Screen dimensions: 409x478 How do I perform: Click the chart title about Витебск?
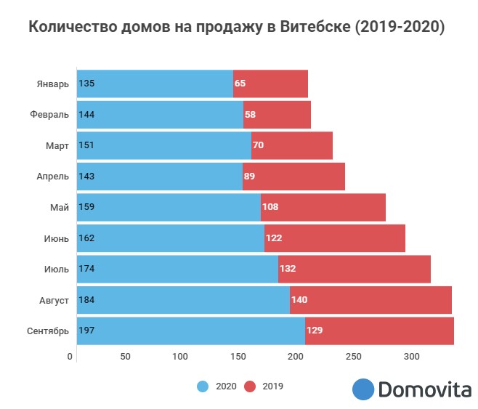coord(236,28)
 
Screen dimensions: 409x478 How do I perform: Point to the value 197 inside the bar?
coord(86,331)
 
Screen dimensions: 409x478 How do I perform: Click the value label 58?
coord(251,115)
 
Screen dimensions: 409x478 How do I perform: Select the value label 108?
coord(270,207)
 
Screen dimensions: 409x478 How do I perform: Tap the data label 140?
coord(299,300)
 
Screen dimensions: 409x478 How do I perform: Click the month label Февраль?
coord(50,115)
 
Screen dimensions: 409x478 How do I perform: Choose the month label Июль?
coord(57,269)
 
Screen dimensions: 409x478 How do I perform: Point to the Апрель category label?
coord(53,177)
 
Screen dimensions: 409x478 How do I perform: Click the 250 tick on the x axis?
coord(353,357)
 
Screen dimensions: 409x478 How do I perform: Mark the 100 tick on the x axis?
coord(180,357)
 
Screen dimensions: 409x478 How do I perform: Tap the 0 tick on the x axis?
coord(70,357)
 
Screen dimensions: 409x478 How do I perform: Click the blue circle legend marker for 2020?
coord(203,386)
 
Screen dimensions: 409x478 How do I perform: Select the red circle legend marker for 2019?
coord(249,386)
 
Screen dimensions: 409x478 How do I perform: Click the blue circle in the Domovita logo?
coord(362,389)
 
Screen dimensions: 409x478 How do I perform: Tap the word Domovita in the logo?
coord(425,389)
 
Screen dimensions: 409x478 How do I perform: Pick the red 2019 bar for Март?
coord(292,145)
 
